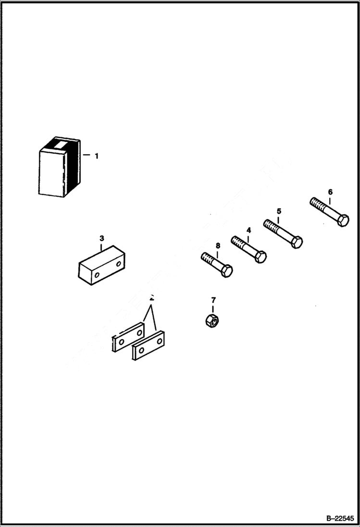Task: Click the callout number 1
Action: point(96,156)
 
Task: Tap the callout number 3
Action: point(101,238)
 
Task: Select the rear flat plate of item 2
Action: point(128,338)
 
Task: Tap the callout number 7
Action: point(213,301)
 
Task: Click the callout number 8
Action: point(218,246)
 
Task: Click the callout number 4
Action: point(248,230)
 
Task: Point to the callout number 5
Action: point(279,211)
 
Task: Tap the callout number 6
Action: point(330,192)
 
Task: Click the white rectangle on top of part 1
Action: point(60,144)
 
